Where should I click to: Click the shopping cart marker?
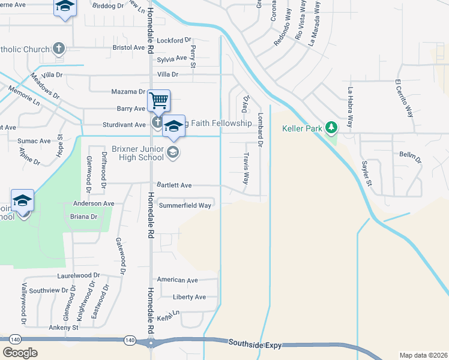pos(158,100)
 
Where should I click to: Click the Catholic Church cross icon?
pos(58,48)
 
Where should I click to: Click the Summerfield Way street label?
pos(185,205)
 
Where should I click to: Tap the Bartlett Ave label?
pos(174,185)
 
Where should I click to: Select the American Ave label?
pos(177,280)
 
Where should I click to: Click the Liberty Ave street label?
pos(189,297)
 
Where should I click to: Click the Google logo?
pos(19,353)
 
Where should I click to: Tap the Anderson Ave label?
pos(93,203)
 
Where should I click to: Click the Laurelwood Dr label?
pos(78,275)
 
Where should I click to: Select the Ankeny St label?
pos(63,328)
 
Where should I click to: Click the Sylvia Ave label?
pos(172,59)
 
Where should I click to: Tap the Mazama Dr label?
pos(129,92)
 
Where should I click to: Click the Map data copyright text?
pos(423,355)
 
